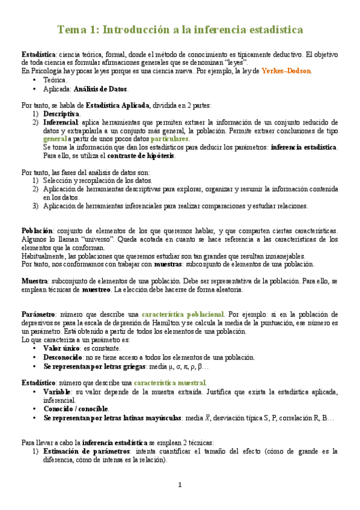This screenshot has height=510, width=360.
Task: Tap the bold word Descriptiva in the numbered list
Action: [x=61, y=114]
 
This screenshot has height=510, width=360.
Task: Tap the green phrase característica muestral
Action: [x=170, y=382]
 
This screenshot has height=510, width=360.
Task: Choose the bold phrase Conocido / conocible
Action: [x=76, y=408]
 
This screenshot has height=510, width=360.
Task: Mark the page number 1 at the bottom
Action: [x=180, y=485]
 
